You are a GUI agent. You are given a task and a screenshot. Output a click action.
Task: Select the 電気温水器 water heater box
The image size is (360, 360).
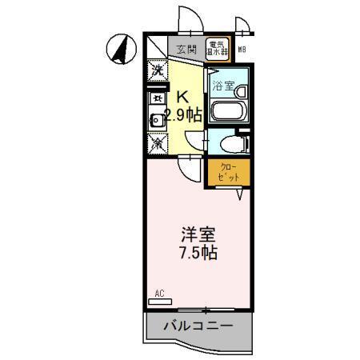(x=218, y=48)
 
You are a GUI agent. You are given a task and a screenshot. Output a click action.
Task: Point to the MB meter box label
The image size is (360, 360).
(x=242, y=50)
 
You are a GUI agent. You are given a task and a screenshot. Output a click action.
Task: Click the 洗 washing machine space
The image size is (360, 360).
(x=157, y=70)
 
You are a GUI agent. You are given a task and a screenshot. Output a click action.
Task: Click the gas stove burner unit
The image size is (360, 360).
(x=158, y=99)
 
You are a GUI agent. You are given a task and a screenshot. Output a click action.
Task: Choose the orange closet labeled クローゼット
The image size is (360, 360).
(x=229, y=173)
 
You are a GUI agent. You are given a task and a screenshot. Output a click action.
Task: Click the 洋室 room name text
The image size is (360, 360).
(x=198, y=235)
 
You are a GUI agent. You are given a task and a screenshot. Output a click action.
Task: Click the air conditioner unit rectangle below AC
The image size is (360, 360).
(x=159, y=302)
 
